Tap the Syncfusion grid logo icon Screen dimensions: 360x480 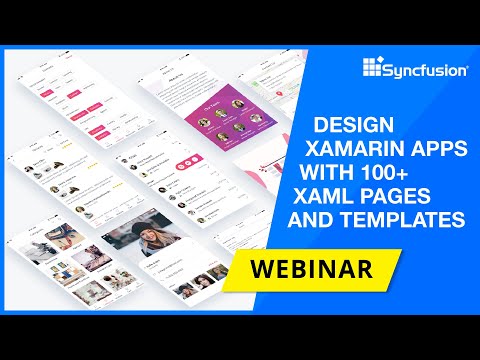point(373,70)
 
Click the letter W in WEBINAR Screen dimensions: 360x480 point(258,268)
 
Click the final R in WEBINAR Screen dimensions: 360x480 point(363,268)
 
